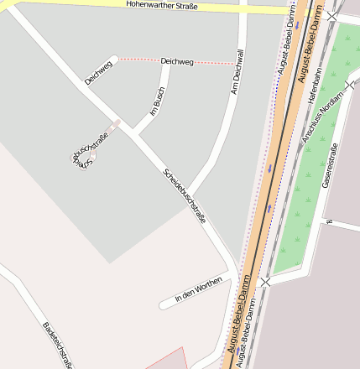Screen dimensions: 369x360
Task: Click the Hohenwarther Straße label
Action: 161,5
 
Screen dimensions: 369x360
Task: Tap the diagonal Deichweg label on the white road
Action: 98,72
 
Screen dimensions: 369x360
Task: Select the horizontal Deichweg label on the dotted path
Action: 176,61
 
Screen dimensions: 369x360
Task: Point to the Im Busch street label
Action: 157,101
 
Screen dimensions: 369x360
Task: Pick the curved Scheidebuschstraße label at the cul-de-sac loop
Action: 88,150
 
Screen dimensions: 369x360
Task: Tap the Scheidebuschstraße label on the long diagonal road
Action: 184,195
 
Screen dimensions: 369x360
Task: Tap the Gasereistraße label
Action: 329,166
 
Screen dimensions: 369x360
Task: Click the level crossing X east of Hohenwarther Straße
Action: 333,16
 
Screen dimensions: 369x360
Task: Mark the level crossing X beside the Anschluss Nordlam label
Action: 350,85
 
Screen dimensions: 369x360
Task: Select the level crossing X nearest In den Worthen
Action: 265,282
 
